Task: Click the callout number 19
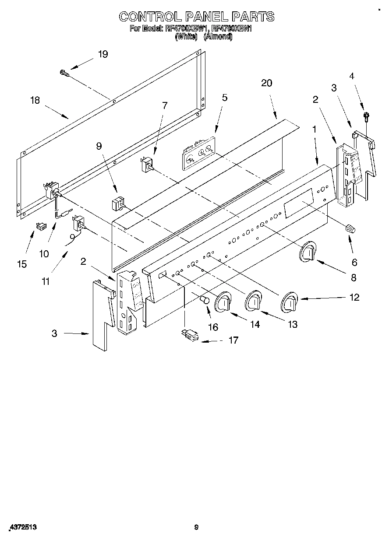pyautogui.click(x=103, y=54)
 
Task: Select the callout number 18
pyautogui.click(x=35, y=100)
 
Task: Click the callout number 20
pyautogui.click(x=266, y=83)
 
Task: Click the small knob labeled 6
pyautogui.click(x=350, y=228)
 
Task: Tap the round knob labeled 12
pyautogui.click(x=289, y=302)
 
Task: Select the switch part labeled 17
pyautogui.click(x=189, y=335)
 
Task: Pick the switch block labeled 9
pyautogui.click(x=118, y=205)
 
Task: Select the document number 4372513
pyautogui.click(x=22, y=528)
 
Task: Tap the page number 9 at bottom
pyautogui.click(x=196, y=528)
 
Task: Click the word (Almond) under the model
pyautogui.click(x=218, y=37)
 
